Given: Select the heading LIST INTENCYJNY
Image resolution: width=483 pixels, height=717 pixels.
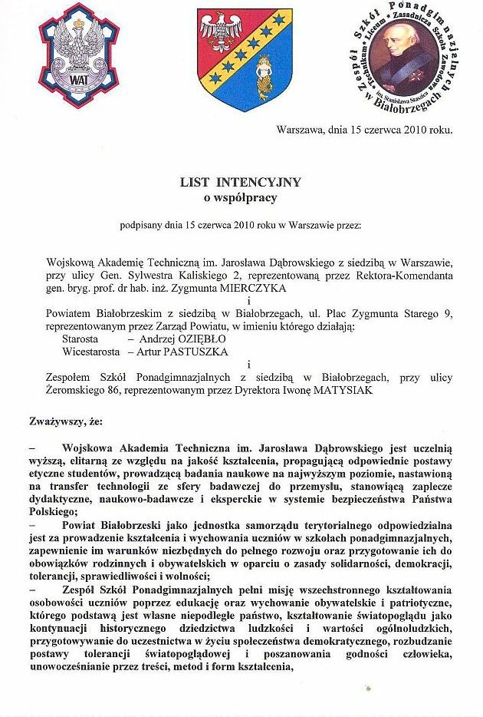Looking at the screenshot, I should (x=240, y=183).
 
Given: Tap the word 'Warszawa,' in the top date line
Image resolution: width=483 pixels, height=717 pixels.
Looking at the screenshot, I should (x=301, y=129).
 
